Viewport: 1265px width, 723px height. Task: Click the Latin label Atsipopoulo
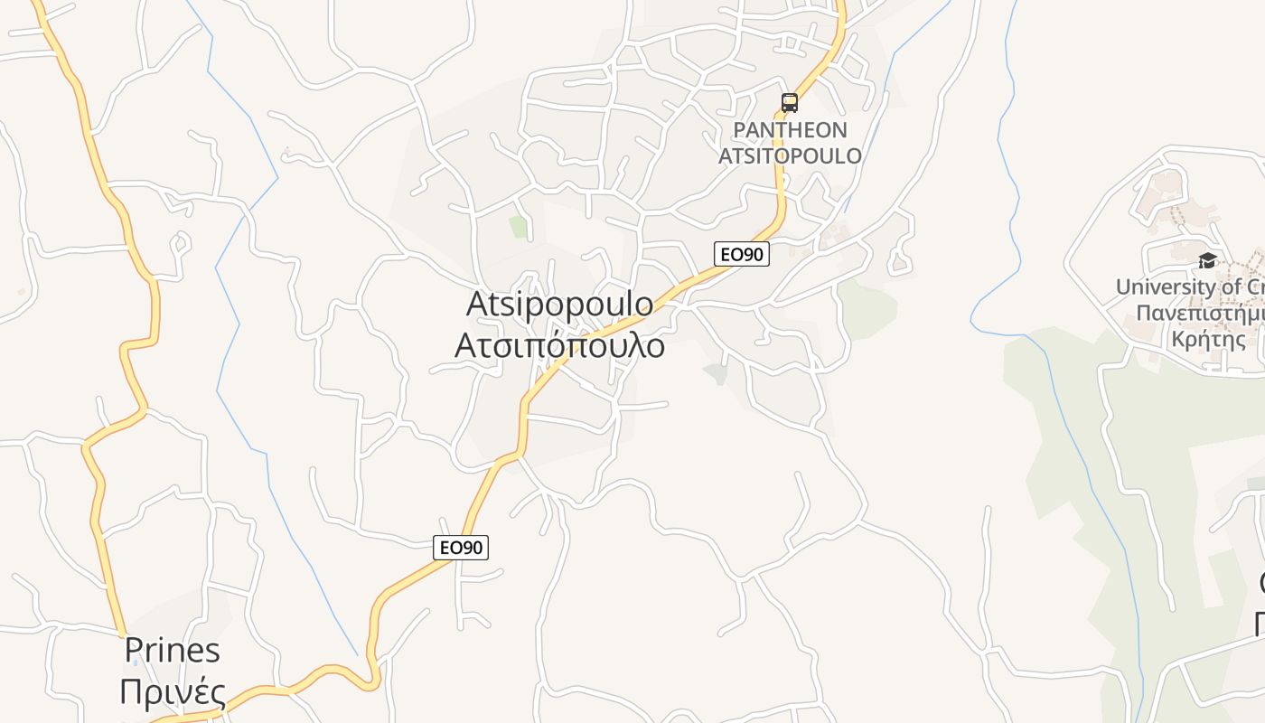tap(559, 305)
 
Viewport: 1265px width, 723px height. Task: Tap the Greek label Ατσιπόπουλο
tap(559, 345)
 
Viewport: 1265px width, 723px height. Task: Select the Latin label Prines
tap(172, 650)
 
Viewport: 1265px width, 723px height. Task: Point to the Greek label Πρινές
tap(172, 692)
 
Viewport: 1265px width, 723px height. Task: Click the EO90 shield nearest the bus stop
tap(741, 255)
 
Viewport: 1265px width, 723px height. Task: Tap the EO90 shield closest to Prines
tap(460, 548)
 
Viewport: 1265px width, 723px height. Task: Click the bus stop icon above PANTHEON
tap(790, 103)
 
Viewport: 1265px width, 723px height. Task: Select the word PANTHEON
tap(790, 130)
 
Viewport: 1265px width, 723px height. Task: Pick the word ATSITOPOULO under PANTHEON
tap(790, 155)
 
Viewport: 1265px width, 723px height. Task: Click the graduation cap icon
tap(1207, 261)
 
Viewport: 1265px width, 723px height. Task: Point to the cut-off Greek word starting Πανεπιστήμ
tap(1200, 315)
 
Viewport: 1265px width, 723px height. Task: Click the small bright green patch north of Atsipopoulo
tap(518, 227)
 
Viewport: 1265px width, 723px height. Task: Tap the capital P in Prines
tap(135, 650)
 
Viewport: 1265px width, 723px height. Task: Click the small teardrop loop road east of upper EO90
tap(898, 262)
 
